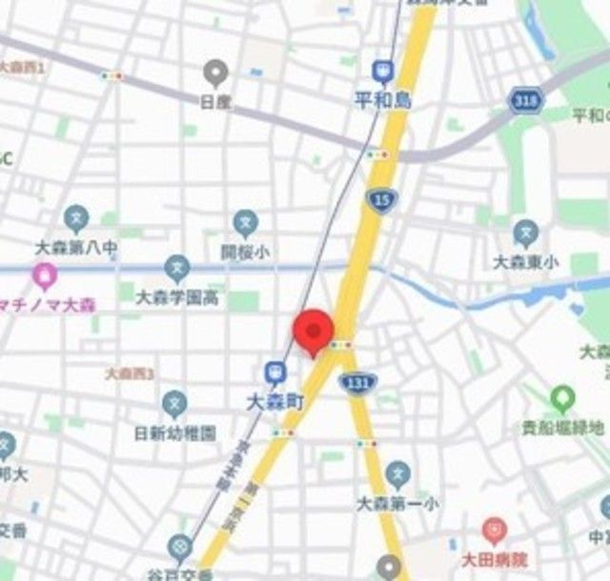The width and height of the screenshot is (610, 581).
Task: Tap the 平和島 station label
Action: coord(381,100)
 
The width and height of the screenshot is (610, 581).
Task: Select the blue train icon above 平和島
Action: coord(382,71)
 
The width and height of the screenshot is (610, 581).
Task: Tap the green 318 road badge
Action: coord(522,100)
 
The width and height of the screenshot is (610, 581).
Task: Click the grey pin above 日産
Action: coord(215,71)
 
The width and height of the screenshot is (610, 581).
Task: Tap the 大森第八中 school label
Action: coord(76,248)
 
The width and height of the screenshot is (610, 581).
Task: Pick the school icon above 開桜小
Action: coord(246,225)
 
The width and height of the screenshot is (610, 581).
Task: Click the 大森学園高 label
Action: coord(177,298)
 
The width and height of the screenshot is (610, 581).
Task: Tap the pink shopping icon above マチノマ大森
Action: coord(44,277)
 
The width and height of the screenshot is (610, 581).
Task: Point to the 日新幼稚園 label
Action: coord(175,432)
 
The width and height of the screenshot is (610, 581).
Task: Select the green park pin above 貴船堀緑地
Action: coord(562,396)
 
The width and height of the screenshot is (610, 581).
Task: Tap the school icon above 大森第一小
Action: coord(398,473)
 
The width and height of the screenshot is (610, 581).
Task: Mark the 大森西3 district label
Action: coord(131,373)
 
